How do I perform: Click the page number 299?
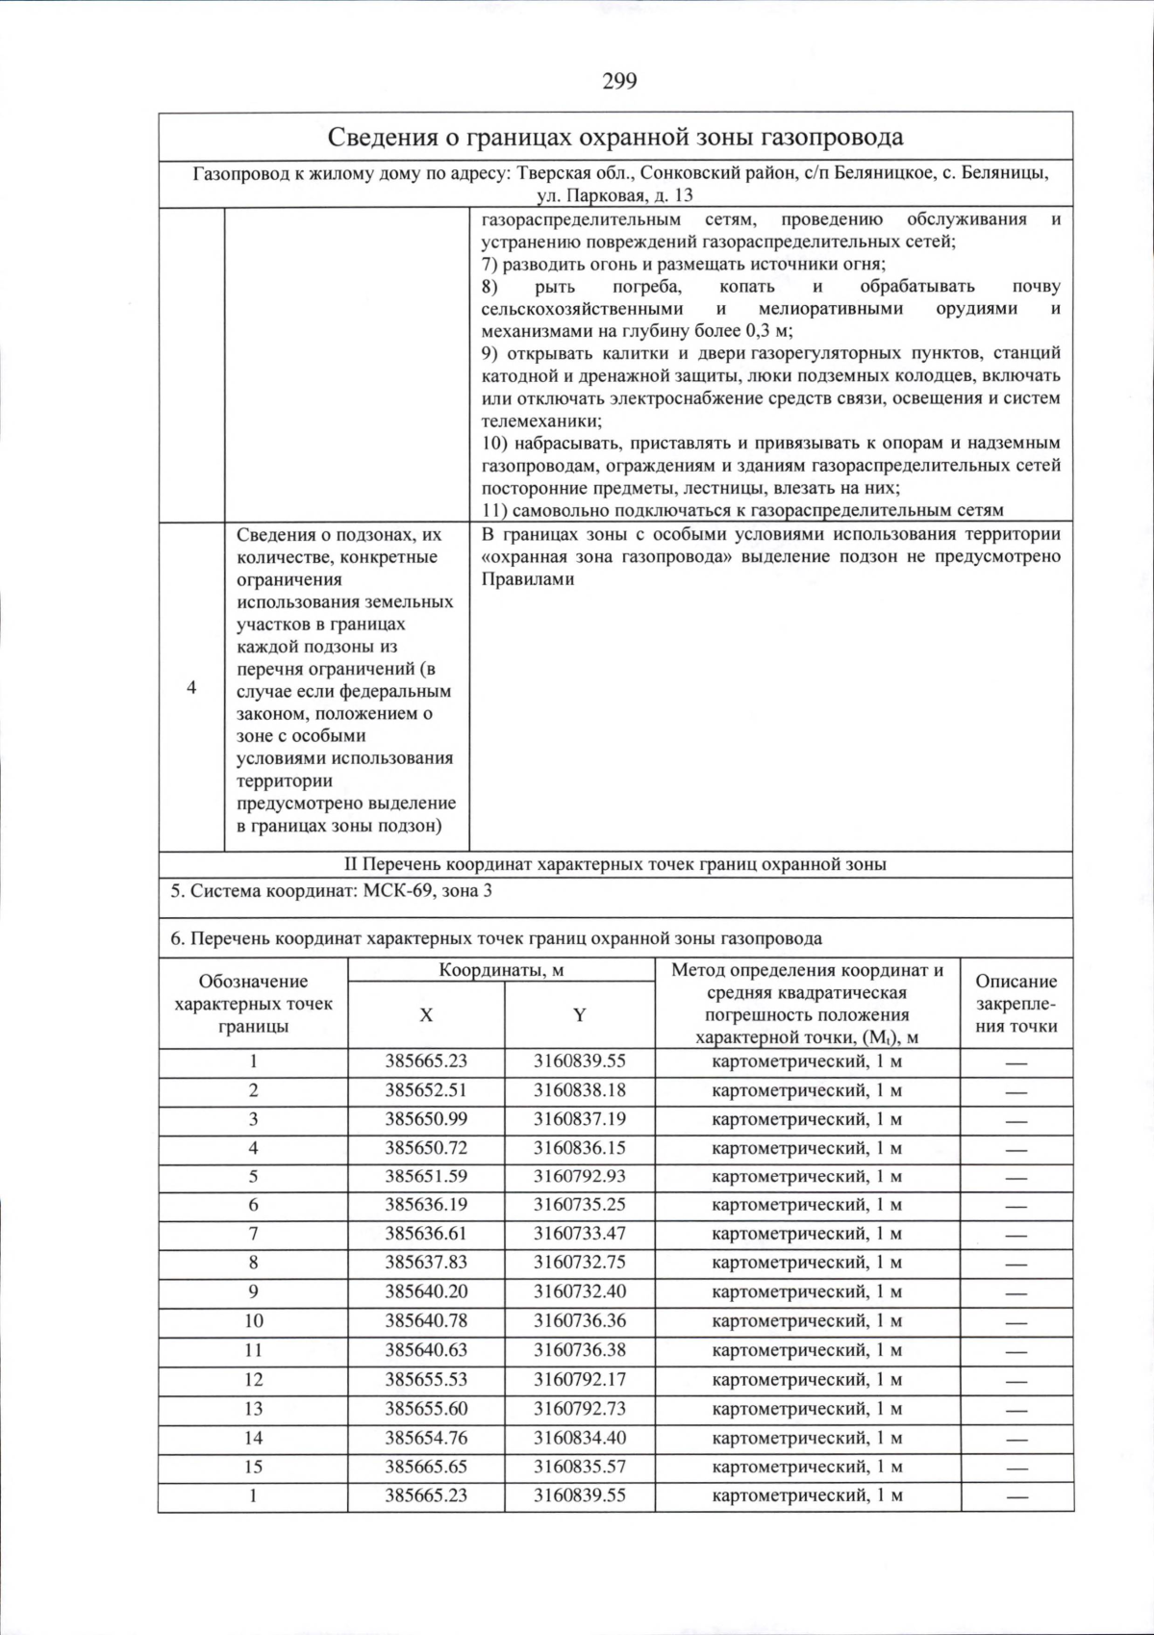point(619,82)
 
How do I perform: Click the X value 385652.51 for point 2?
point(426,1090)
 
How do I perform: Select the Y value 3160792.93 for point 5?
point(579,1176)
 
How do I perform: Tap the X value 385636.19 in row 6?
point(426,1205)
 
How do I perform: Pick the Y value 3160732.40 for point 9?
point(579,1291)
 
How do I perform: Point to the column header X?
point(426,1015)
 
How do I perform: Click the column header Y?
point(579,1015)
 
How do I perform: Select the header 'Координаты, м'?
point(501,970)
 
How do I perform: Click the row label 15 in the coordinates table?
point(253,1467)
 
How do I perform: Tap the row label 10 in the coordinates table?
point(253,1320)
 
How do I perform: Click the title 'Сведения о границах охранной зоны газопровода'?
point(615,137)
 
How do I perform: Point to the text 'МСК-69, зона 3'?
point(428,891)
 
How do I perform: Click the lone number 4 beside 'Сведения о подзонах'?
point(191,687)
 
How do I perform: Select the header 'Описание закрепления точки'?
point(1016,1004)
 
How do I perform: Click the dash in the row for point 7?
point(1016,1235)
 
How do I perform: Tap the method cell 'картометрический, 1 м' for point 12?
point(807,1379)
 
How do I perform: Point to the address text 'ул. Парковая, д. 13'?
point(615,195)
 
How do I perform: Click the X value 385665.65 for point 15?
point(426,1467)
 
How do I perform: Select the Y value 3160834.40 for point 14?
point(579,1438)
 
